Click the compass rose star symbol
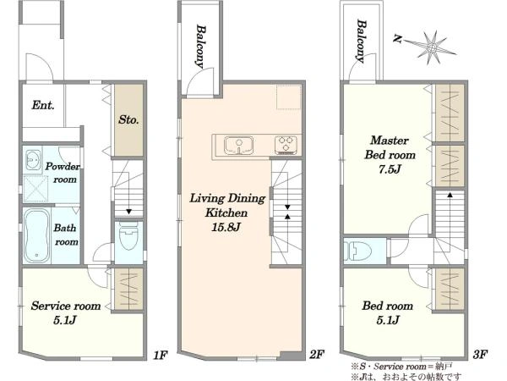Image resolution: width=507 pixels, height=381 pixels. click(x=431, y=48)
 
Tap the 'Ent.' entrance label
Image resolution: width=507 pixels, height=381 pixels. click(x=43, y=105)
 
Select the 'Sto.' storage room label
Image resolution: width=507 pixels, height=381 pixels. click(x=128, y=119)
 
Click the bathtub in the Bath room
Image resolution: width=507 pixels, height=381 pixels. click(x=37, y=235)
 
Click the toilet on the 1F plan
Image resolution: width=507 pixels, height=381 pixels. click(x=128, y=236)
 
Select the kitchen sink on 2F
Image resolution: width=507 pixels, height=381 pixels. click(x=239, y=146)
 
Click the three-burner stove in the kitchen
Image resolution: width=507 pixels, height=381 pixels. click(x=286, y=145)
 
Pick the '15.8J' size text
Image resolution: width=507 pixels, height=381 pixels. click(x=226, y=227)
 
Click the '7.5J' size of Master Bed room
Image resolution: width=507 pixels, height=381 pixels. click(x=390, y=169)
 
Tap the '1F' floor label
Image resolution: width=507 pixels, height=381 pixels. click(x=160, y=356)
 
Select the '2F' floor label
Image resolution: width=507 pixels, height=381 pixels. click(x=317, y=355)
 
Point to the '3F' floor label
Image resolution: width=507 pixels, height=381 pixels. click(x=480, y=355)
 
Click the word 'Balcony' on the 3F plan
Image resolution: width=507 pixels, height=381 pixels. click(x=362, y=41)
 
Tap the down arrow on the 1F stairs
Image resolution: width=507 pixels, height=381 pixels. click(x=128, y=212)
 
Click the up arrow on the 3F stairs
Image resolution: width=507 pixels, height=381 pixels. click(x=450, y=195)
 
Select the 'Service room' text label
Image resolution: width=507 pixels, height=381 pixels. click(x=66, y=306)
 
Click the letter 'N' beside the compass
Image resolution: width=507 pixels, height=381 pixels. click(x=397, y=39)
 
